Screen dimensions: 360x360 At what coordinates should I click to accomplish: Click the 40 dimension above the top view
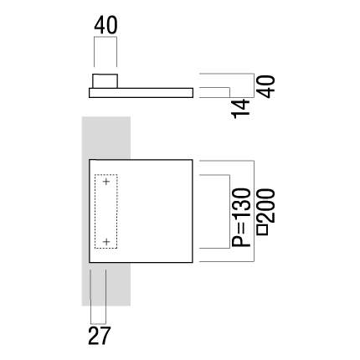pos(105,25)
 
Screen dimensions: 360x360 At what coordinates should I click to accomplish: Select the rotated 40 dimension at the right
pos(266,86)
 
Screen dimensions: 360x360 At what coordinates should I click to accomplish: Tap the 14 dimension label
pos(241,109)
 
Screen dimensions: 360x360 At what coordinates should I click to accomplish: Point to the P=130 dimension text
pos(242,218)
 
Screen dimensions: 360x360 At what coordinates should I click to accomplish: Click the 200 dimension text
pos(266,206)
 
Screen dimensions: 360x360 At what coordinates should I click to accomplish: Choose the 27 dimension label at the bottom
pos(100,336)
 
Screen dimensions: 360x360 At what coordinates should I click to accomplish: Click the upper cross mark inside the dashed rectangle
pos(106,182)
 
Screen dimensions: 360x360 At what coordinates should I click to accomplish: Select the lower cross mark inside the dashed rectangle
pos(106,241)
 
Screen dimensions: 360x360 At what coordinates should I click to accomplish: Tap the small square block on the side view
pos(105,81)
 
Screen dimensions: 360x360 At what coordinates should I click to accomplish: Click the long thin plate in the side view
pos(141,93)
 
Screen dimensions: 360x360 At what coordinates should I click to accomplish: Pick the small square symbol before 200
pos(263,229)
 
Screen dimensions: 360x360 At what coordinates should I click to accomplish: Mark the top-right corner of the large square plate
pos(193,160)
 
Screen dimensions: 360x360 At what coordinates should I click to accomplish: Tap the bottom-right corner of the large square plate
pos(193,263)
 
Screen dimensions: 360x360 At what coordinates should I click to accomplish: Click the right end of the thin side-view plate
pos(193,93)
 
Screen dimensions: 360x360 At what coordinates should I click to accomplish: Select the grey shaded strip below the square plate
pos(106,285)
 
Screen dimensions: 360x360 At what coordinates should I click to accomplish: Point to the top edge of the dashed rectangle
pos(106,175)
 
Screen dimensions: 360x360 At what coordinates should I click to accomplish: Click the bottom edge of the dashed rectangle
pos(106,248)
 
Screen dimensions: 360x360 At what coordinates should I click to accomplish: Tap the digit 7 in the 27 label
pos(105,336)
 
